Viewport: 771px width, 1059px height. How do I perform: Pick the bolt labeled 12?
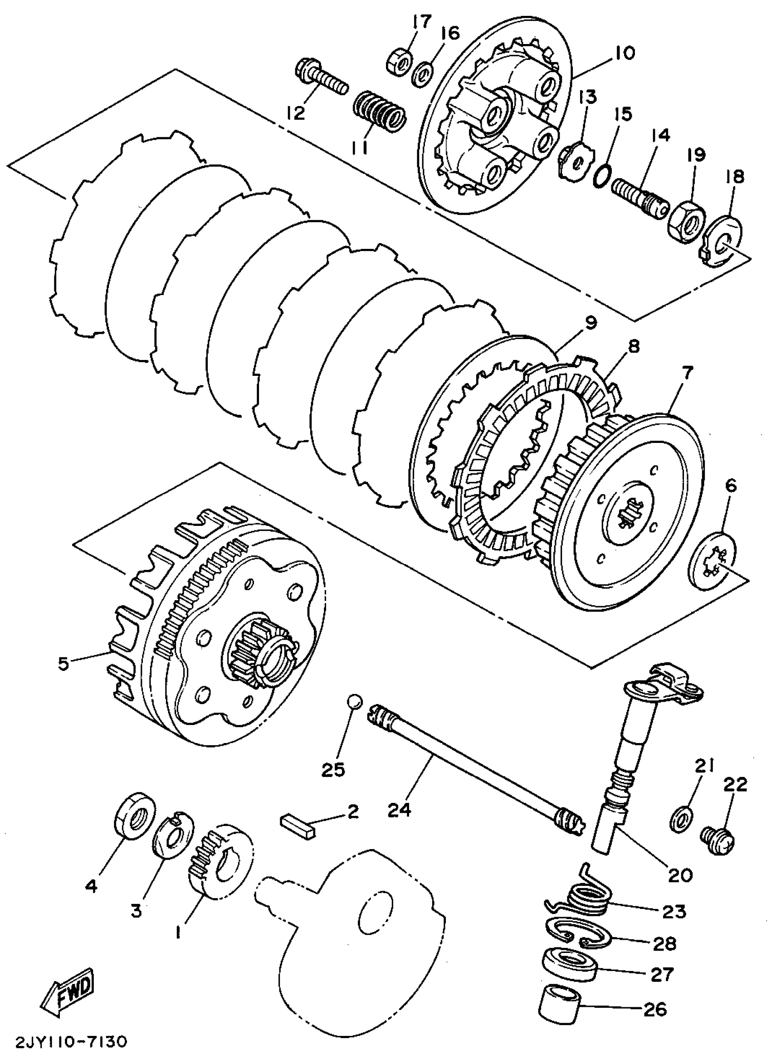[x=321, y=79]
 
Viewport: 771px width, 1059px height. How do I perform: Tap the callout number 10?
[x=625, y=52]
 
